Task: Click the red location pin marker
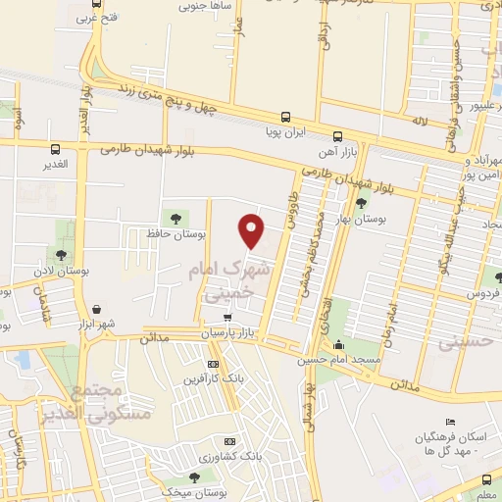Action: [x=252, y=230]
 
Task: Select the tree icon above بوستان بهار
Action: [x=362, y=203]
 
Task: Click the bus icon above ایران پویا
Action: [x=285, y=115]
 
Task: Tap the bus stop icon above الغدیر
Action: [x=55, y=150]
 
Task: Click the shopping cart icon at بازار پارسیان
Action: [x=227, y=317]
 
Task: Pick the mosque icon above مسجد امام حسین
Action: [x=339, y=344]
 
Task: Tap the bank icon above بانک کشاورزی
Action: [x=231, y=442]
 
